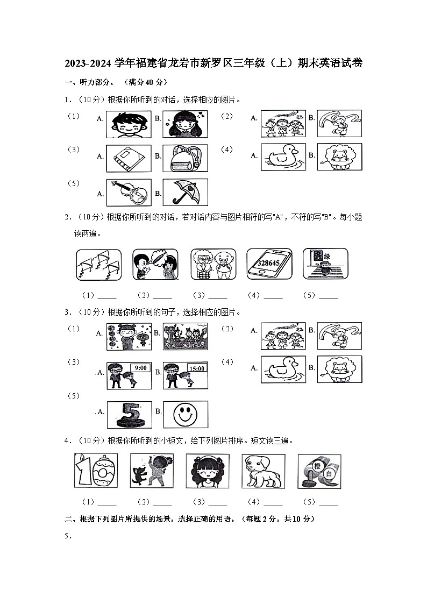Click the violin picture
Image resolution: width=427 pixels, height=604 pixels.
pyautogui.click(x=129, y=192)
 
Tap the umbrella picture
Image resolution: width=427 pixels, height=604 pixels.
pyautogui.click(x=185, y=192)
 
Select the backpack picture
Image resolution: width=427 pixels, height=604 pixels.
pyautogui.click(x=185, y=158)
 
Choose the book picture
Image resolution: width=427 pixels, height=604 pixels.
pyautogui.click(x=129, y=158)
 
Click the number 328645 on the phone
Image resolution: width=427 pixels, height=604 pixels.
pyautogui.click(x=268, y=264)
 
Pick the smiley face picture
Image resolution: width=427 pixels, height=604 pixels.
pyautogui.click(x=185, y=414)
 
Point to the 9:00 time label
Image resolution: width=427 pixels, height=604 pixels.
pyautogui.click(x=140, y=368)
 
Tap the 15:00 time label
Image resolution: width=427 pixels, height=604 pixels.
pyautogui.click(x=196, y=368)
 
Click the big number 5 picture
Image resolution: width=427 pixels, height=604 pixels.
pyautogui.click(x=129, y=414)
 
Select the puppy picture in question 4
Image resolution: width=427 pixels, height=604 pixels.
pyautogui.click(x=263, y=471)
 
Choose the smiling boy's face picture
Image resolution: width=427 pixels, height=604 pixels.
pyautogui.click(x=129, y=124)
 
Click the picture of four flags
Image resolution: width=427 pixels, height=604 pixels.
pyautogui.click(x=98, y=264)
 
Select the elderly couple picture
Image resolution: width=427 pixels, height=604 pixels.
pyautogui.click(x=213, y=264)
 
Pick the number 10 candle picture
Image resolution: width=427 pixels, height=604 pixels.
pyautogui.click(x=96, y=471)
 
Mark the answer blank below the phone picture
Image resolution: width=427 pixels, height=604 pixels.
pyautogui.click(x=273, y=296)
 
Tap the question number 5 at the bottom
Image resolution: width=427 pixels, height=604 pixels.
pyautogui.click(x=67, y=536)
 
